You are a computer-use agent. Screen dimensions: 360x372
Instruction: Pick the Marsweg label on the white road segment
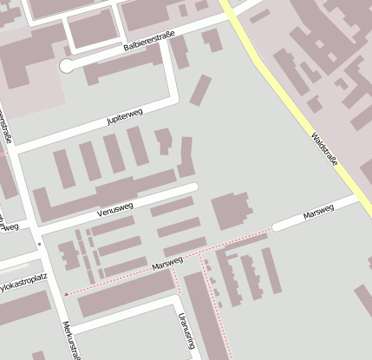[318, 213]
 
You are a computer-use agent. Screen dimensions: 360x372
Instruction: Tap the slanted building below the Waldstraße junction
[200, 90]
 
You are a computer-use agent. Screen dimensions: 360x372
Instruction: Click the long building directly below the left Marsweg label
[125, 294]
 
